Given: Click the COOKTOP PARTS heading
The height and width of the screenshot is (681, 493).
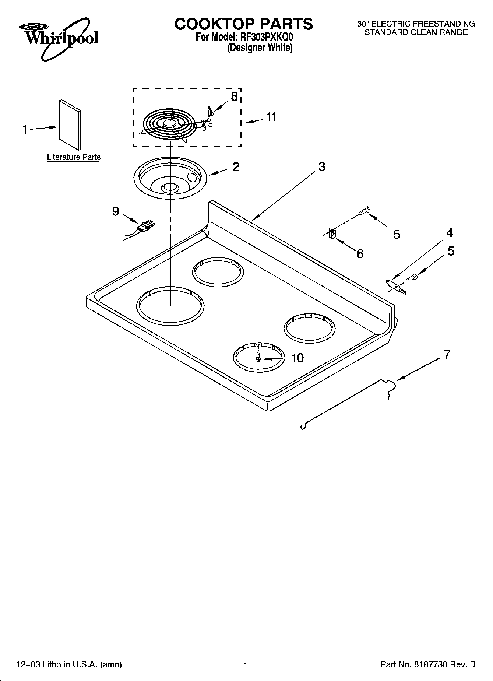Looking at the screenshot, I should [244, 24].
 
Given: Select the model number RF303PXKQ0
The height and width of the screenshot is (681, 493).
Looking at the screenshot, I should [265, 37].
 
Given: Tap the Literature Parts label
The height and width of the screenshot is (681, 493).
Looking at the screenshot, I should [74, 157].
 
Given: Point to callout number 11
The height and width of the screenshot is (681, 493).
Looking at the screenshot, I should [271, 117].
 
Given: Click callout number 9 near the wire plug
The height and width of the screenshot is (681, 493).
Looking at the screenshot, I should [116, 211].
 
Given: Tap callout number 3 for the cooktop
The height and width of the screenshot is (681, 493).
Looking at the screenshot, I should [322, 166].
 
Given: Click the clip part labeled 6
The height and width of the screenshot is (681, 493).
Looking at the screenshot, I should [332, 234].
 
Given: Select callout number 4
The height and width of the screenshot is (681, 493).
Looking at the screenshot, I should [450, 233].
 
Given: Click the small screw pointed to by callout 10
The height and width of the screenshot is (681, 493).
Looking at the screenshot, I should [258, 358].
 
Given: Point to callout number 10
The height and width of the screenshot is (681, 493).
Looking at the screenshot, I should [297, 358].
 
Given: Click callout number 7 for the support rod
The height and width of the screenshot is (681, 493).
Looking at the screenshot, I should [447, 355].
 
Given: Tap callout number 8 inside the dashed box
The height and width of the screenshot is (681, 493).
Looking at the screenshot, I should [234, 97].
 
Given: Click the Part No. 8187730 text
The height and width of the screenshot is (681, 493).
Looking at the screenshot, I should [427, 665].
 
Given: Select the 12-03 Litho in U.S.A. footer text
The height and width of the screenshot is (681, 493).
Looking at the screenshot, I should [69, 665].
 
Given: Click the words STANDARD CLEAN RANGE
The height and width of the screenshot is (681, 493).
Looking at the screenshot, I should [416, 32].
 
